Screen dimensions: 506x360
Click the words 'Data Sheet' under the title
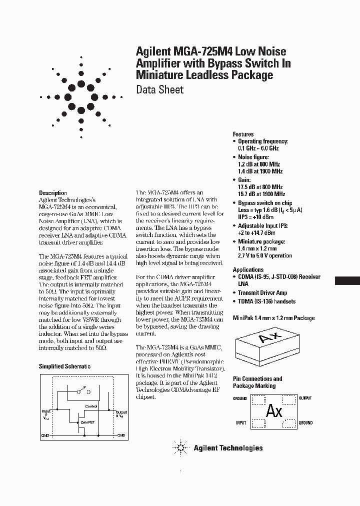click(x=159, y=90)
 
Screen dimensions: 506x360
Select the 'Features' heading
click(x=243, y=134)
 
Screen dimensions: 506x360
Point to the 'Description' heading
click(x=52, y=193)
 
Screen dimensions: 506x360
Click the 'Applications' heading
click(x=248, y=269)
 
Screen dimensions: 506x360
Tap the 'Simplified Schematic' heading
click(x=64, y=366)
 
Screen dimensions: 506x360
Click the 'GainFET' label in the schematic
click(x=88, y=422)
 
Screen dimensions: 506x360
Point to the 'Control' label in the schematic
click(x=91, y=406)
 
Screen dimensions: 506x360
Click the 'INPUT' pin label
click(x=241, y=423)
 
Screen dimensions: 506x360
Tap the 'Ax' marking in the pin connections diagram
click(x=274, y=411)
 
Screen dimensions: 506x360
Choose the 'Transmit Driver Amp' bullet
click(x=262, y=293)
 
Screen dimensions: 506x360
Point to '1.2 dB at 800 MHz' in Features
click(x=258, y=164)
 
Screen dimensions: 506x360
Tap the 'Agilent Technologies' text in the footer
click(x=228, y=448)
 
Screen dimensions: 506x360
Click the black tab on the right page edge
click(x=347, y=280)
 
